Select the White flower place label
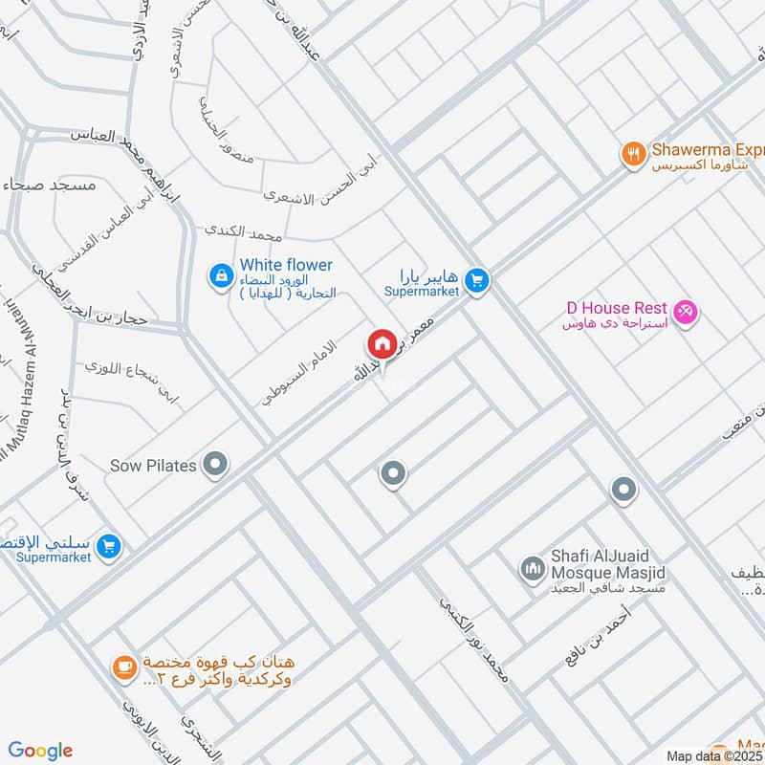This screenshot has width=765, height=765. click(x=286, y=265)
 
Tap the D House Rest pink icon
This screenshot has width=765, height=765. click(x=685, y=311)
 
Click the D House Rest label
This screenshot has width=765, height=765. click(x=616, y=308)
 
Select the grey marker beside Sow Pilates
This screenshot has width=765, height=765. click(x=217, y=466)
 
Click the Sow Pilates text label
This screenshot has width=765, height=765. click(x=153, y=466)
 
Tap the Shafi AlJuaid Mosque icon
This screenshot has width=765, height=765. click(x=531, y=571)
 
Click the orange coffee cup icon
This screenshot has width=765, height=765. click(x=123, y=668)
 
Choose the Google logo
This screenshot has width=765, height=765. click(x=40, y=751)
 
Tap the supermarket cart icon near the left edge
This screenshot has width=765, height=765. click(x=109, y=546)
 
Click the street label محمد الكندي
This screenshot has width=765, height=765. click(x=246, y=232)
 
